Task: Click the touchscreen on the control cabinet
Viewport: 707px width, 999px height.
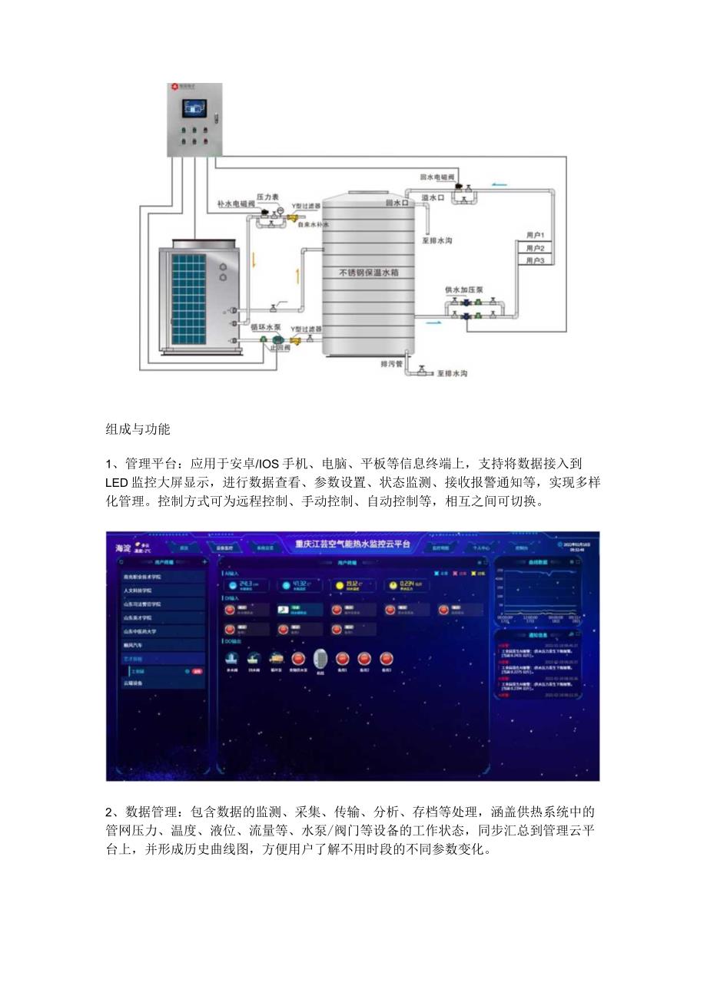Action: (195, 108)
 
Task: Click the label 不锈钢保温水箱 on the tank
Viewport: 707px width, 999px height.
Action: (369, 273)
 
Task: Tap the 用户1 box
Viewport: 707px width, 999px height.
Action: (535, 235)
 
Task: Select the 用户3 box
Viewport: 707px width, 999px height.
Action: (535, 261)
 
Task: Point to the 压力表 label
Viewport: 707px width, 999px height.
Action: (267, 197)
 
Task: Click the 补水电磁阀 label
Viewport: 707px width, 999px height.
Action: (235, 205)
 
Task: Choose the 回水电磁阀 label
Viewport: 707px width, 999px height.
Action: (437, 177)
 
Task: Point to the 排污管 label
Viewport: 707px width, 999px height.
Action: (391, 363)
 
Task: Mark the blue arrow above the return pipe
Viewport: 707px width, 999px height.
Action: (500, 184)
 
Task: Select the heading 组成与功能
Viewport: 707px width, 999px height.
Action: (138, 429)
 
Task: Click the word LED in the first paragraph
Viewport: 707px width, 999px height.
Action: (117, 483)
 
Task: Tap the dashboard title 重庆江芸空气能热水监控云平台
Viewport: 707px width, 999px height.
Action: (353, 544)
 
